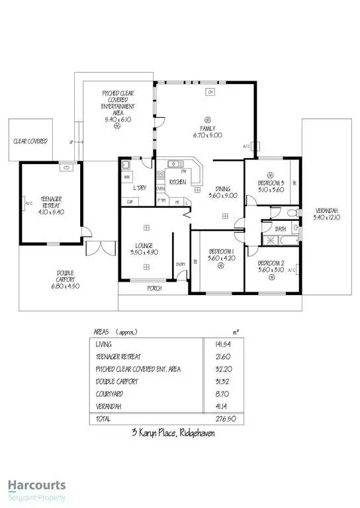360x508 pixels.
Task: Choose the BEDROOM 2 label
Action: pos(273,264)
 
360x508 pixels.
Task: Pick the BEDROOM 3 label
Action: pos(272,183)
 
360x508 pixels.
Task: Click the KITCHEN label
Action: pos(177,181)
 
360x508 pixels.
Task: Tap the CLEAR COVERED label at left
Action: pos(30,141)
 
